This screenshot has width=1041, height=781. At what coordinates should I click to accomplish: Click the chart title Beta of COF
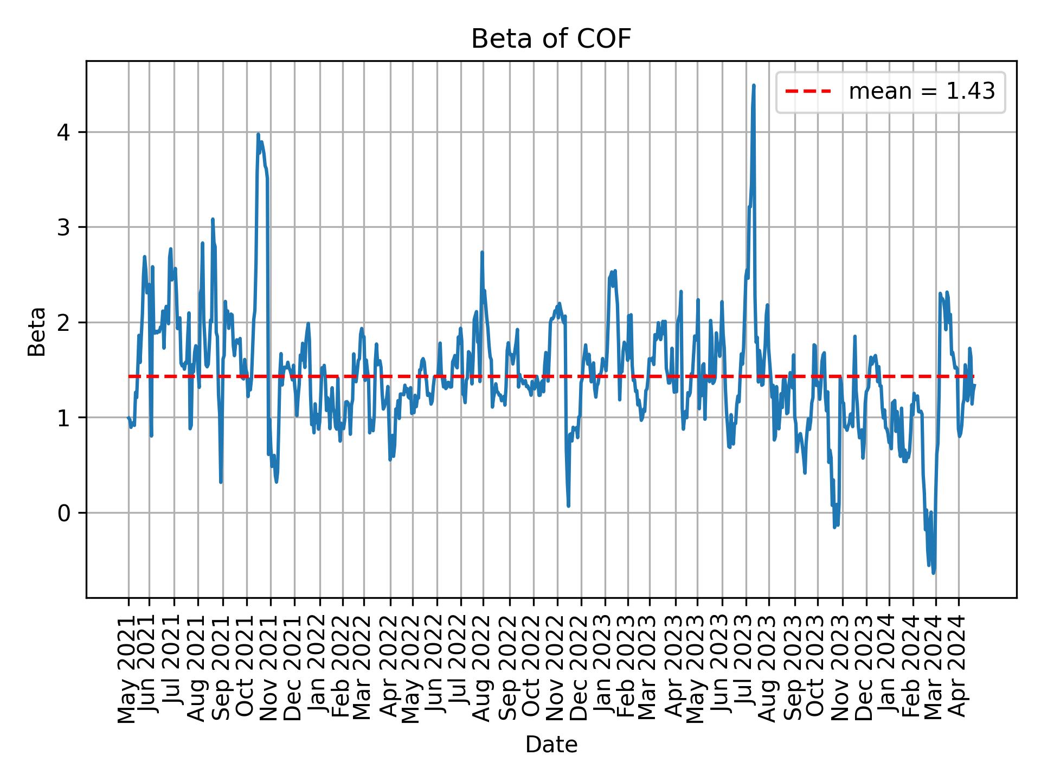tap(551, 39)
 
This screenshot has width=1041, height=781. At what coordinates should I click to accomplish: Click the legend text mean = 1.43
tap(922, 92)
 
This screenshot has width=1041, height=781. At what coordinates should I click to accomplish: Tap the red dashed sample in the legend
tap(808, 92)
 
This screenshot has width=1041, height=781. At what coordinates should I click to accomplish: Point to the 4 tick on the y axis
tap(63, 132)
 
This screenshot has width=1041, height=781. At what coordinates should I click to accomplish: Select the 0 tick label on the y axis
tap(63, 513)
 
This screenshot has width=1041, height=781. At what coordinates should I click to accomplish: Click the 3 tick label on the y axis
tap(63, 227)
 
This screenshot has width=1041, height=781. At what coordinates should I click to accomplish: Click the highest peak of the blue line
tap(754, 86)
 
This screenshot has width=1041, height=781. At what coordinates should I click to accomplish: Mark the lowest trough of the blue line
tap(933, 573)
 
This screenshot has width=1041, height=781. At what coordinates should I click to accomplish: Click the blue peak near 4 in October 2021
tap(258, 134)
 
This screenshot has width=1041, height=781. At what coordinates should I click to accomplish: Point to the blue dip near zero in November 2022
tap(568, 505)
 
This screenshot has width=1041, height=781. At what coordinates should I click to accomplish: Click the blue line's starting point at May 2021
tap(128, 417)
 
